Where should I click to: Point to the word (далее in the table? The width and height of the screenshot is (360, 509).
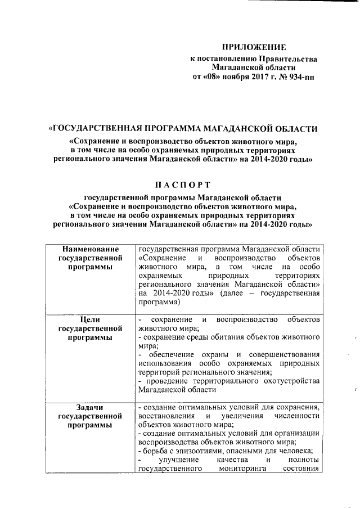(233, 293)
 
